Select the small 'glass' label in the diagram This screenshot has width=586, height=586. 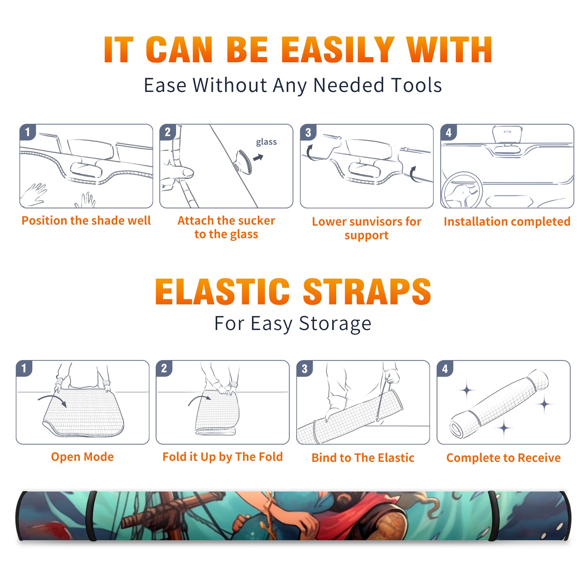pos(266,142)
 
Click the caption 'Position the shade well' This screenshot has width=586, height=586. pos(86,220)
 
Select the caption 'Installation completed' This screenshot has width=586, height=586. pos(507,222)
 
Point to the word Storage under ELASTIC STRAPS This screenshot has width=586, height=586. pos(335,324)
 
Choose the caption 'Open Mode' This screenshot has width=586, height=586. pos(82,457)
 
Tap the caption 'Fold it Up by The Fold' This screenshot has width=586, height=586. pos(223,457)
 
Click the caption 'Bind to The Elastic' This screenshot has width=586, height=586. pos(363,458)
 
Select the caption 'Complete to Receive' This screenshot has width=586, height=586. pos(504,458)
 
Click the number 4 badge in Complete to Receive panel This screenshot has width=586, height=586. pos(445,368)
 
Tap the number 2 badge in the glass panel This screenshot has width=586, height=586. pos(168,132)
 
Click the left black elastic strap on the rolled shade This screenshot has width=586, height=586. pos(91,516)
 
